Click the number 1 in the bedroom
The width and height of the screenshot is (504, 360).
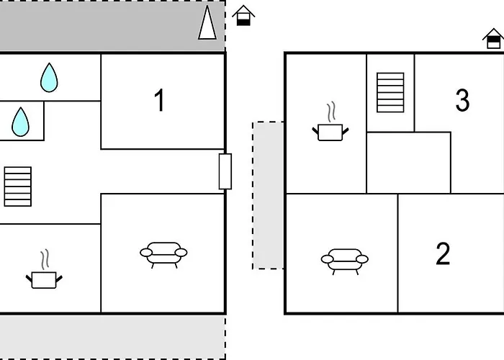point(160,100)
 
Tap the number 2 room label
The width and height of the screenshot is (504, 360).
point(443,253)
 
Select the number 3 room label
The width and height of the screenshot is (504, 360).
point(462,100)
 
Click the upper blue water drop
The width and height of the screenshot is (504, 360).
point(49,78)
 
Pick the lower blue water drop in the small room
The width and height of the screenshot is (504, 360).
point(21,122)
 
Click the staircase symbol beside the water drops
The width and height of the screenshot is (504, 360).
point(18,186)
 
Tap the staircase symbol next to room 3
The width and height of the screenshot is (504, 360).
point(390,93)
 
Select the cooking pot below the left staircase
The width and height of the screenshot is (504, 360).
point(44,280)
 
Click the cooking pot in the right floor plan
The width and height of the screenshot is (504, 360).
point(330,132)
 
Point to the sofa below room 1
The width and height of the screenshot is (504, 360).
point(163,255)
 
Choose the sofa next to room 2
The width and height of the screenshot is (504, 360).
point(345,261)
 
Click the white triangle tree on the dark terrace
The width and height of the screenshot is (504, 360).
point(207,22)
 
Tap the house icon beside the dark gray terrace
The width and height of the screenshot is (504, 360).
point(243,15)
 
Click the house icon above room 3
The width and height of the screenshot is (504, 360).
point(493,39)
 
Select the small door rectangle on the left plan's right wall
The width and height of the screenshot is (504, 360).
point(225,171)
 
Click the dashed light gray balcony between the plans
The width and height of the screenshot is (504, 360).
point(269,195)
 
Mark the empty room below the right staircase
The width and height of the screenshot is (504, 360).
point(408,163)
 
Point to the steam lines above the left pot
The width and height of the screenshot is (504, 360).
point(45,260)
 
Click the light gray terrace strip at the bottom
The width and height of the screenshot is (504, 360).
point(112,337)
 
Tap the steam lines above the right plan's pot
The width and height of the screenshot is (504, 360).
point(331,112)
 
